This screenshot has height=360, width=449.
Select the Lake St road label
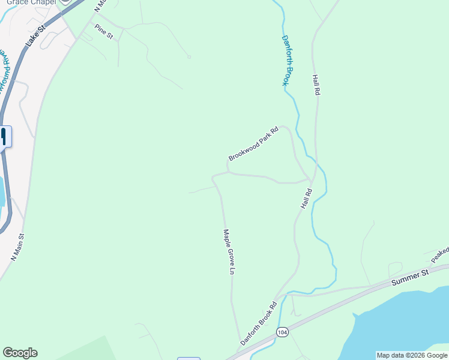point(36,37)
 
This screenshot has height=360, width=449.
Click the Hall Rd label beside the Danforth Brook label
point(316,85)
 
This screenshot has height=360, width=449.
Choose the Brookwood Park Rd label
point(254,144)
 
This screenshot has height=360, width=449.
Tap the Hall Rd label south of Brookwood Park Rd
point(306,199)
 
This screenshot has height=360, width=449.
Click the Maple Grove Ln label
point(228,251)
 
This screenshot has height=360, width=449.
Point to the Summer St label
point(410,277)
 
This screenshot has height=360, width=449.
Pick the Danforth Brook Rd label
point(259,323)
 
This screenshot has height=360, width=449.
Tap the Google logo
point(20,353)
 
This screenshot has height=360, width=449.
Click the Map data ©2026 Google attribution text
point(412,355)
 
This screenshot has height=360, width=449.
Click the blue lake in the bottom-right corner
point(402,324)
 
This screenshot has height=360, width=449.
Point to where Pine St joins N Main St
point(92,24)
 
